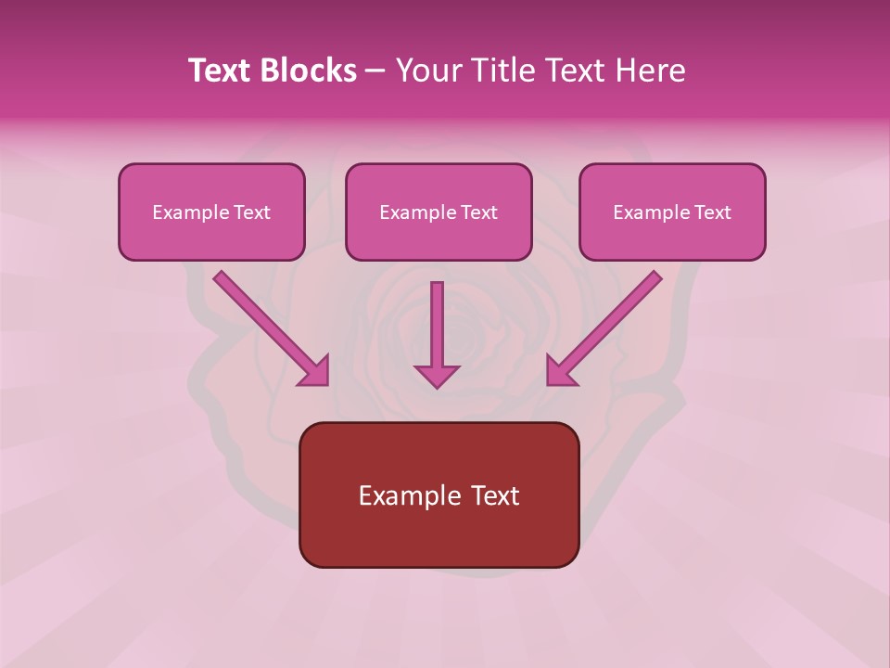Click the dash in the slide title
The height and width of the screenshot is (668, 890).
[x=375, y=71]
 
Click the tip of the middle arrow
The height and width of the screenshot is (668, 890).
[x=437, y=384]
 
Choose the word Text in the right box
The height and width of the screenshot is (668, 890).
[x=712, y=212]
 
